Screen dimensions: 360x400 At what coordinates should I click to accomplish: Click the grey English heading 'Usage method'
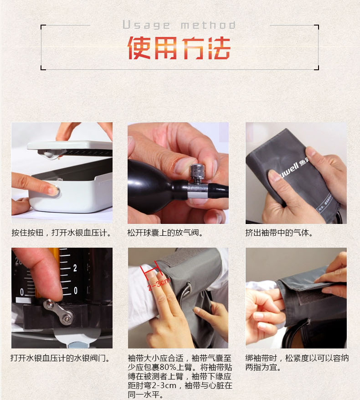point(179,25)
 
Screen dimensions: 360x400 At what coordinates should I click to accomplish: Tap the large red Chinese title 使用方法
point(179,48)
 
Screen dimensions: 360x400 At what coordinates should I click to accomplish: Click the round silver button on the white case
point(57,191)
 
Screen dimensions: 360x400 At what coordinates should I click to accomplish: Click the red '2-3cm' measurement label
point(159,284)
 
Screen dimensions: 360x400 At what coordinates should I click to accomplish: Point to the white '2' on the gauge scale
point(75,268)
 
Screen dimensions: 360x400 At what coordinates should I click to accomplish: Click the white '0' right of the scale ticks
point(76,291)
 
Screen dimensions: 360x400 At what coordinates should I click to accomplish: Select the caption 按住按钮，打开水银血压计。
point(61,233)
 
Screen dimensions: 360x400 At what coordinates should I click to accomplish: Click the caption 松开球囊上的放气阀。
point(165,233)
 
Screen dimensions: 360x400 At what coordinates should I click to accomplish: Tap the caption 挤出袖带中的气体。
point(279,233)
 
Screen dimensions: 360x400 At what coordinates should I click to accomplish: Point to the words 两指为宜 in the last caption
point(261,367)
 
